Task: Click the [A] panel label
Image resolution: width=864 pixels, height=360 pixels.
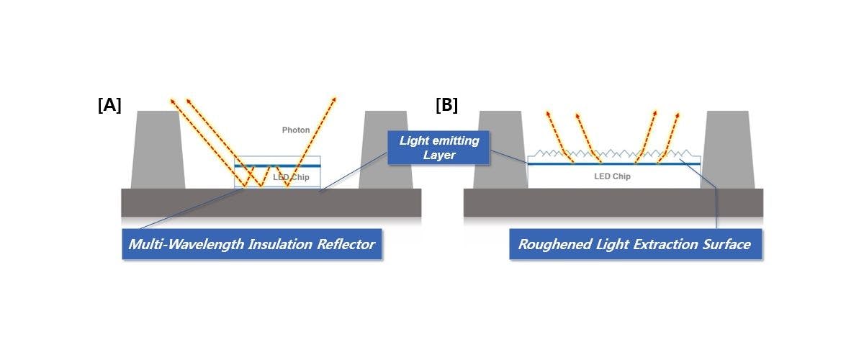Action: click(x=109, y=105)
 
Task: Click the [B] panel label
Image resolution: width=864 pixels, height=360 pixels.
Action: click(x=446, y=105)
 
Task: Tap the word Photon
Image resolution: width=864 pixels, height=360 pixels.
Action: click(x=296, y=130)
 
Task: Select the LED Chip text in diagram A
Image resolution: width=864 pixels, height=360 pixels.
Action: click(x=291, y=177)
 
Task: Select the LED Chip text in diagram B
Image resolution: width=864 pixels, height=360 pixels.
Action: click(x=612, y=176)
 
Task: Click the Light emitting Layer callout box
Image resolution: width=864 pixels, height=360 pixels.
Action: click(x=438, y=148)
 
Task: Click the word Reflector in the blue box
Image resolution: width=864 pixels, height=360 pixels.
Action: click(x=345, y=245)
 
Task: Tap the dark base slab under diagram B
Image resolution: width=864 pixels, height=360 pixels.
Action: click(x=612, y=202)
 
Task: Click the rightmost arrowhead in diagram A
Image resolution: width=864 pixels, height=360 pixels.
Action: click(x=335, y=98)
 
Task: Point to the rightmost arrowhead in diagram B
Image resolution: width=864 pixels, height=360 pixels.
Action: click(x=678, y=114)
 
